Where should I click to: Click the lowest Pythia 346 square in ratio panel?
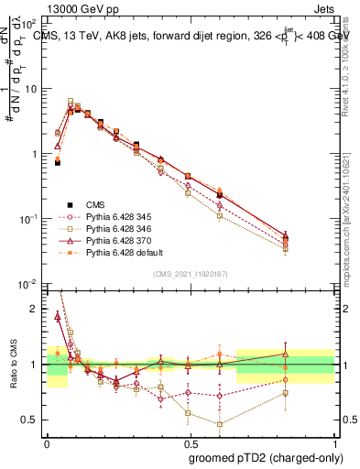[x=220, y=424]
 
